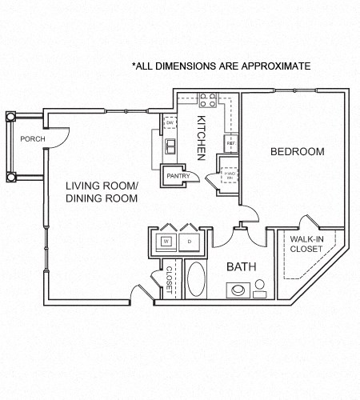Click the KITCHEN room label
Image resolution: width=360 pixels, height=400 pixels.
coord(202,136)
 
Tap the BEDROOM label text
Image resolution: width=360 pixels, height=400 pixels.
coord(297,152)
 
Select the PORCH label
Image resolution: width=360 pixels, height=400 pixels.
coord(32,138)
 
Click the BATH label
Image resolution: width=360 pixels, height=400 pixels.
coord(240,266)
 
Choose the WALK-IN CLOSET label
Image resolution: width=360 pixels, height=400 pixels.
coord(306,244)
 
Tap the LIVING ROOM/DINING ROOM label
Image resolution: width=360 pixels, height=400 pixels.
coord(102,192)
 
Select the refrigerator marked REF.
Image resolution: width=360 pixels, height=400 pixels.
coord(230,144)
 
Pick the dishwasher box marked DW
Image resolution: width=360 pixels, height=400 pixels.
coord(170,122)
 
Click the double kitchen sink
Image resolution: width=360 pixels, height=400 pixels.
coord(170,147)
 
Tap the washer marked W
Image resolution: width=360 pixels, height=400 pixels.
coord(167,241)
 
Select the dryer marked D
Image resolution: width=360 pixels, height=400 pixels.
coord(190,241)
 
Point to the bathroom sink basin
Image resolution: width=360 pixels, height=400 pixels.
coord(238,290)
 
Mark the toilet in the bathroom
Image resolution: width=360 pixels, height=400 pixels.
coord(260,290)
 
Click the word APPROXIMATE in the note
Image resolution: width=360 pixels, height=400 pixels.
coord(270,66)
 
